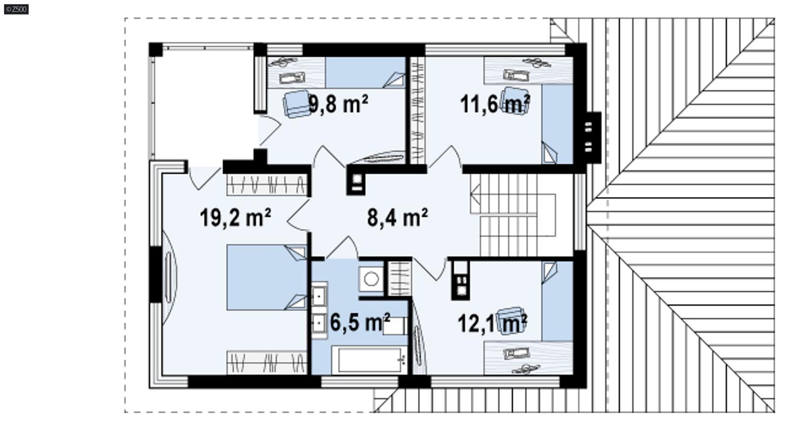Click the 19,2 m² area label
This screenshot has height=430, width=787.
(x=235, y=217)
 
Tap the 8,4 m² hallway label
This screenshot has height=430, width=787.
(x=397, y=217)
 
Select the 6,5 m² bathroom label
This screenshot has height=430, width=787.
(x=360, y=323)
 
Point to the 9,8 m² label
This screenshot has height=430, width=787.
(x=338, y=104)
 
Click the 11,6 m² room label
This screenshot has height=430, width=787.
(x=494, y=104)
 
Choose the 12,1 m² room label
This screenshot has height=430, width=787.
(x=492, y=324)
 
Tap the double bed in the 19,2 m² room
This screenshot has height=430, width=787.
(x=266, y=277)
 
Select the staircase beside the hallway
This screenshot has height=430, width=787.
(x=512, y=217)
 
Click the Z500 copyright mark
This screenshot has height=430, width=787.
(x=16, y=9)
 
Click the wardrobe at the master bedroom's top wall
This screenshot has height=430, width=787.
(x=267, y=185)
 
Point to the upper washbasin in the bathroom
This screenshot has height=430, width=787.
(x=319, y=296)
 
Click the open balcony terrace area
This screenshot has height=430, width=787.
(x=202, y=103)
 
